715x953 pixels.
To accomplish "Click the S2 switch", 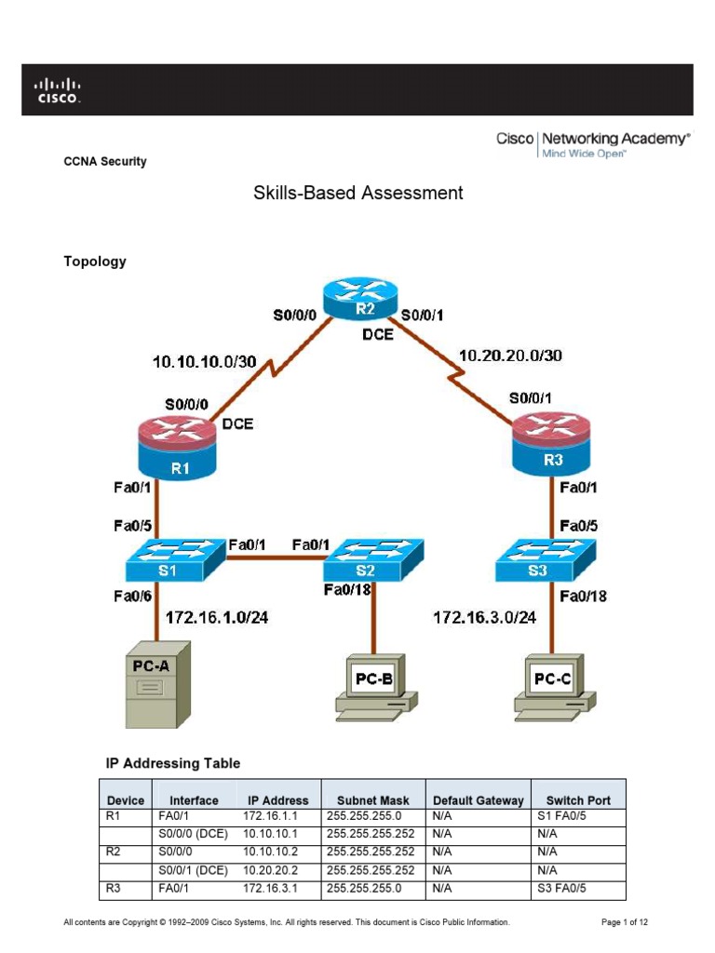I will pyautogui.click(x=373, y=561).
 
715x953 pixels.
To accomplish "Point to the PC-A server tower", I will pyautogui.click(x=157, y=684).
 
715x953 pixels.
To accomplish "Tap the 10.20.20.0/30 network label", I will pyautogui.click(x=510, y=355).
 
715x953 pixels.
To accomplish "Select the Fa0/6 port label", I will pyautogui.click(x=133, y=597).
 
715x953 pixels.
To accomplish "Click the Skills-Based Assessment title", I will pyautogui.click(x=358, y=194).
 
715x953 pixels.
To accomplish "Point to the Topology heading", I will pyautogui.click(x=94, y=262).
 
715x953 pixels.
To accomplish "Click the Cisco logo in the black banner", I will pyautogui.click(x=59, y=90).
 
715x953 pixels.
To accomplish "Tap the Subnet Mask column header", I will pyautogui.click(x=366, y=800).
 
